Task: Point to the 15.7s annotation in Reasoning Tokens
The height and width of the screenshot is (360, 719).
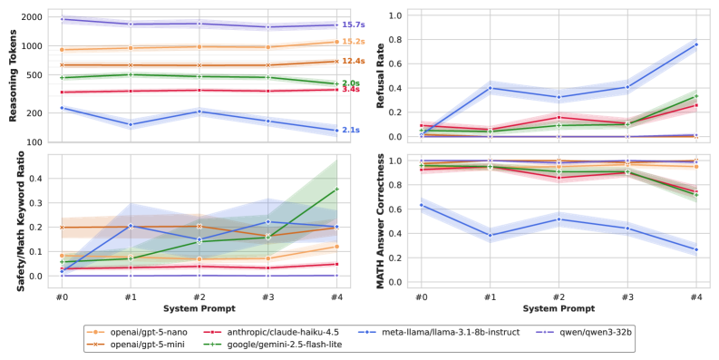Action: point(352,24)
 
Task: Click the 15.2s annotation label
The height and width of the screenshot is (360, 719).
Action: point(352,42)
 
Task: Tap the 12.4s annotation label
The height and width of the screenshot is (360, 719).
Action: point(352,61)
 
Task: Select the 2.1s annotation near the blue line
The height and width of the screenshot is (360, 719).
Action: point(350,131)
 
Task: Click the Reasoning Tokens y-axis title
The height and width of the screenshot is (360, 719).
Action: point(13,76)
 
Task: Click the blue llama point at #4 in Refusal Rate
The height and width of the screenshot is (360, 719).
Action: point(695,44)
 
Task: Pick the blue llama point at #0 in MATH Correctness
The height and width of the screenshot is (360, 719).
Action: point(421,205)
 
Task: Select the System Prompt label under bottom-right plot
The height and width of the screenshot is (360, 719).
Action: point(558,308)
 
